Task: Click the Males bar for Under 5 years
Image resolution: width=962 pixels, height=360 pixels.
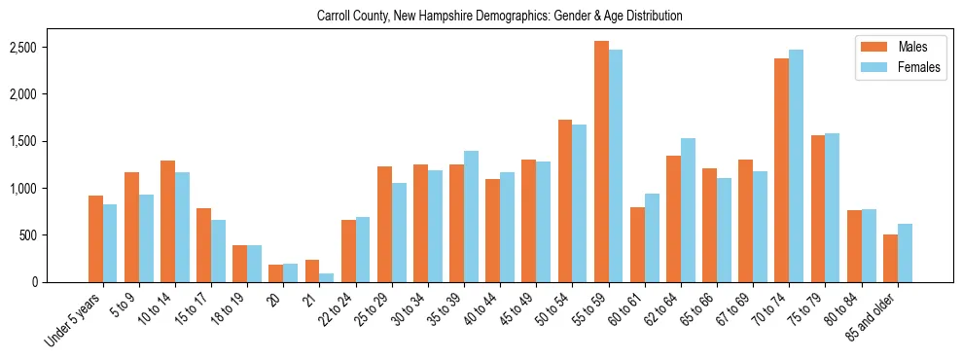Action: pos(95,238)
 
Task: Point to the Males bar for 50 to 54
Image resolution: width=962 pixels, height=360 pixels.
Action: pos(565,200)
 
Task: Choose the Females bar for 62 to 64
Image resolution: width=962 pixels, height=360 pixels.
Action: pos(688,210)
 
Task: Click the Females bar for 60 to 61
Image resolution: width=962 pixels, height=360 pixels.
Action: pos(652,237)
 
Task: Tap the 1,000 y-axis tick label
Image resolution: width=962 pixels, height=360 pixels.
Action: pos(50,189)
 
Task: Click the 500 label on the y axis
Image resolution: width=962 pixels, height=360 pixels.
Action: pos(55,235)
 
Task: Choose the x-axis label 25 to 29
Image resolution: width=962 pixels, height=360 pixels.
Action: pos(374,308)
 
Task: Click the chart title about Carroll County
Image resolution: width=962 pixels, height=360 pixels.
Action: pos(500,17)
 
